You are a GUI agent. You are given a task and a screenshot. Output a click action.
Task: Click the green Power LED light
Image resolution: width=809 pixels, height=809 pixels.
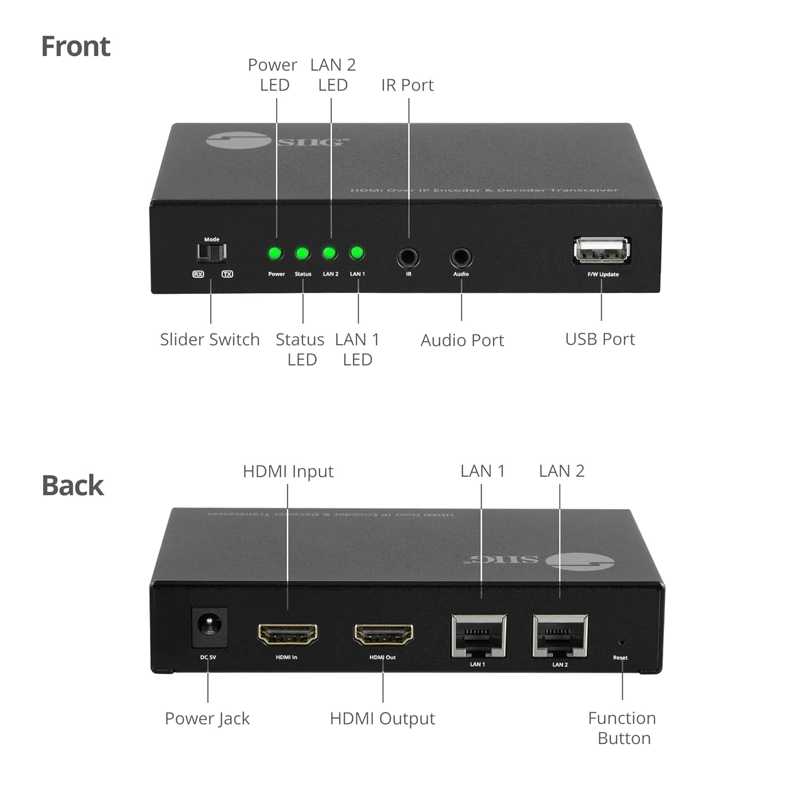tap(276, 253)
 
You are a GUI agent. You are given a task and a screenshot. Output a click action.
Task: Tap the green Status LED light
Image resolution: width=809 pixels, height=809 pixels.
tap(303, 253)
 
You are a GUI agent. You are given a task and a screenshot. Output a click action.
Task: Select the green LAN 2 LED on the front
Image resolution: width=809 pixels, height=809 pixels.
tap(330, 253)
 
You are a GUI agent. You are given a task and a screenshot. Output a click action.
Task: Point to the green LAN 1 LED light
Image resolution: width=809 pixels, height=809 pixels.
tap(356, 253)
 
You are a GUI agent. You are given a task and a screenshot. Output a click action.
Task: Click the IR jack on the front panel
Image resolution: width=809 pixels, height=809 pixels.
tap(408, 257)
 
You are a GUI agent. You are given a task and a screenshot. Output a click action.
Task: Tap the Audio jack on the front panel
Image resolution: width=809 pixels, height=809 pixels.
tap(461, 257)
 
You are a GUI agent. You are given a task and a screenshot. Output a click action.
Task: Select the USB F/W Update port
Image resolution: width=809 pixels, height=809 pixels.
tap(601, 250)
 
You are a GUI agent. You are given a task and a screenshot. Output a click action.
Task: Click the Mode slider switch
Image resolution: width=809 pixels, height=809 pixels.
tap(211, 252)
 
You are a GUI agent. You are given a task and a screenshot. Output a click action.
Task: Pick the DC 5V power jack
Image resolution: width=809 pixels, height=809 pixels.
tap(209, 627)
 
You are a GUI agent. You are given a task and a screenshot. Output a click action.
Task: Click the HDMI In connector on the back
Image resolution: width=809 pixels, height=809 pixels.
tap(287, 634)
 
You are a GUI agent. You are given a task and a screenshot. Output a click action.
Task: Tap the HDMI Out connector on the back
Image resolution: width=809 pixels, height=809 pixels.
tap(383, 634)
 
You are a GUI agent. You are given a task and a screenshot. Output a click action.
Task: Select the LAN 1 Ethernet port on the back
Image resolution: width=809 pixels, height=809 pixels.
tap(478, 636)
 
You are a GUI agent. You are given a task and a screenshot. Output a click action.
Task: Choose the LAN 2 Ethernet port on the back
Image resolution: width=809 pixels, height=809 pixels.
tap(560, 636)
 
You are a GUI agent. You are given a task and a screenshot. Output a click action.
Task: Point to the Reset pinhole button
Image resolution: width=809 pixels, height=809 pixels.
tap(621, 642)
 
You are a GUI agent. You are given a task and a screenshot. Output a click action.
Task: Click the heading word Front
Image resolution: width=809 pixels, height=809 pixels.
tap(76, 46)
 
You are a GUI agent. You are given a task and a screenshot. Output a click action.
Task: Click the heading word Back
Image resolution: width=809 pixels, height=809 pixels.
tap(72, 485)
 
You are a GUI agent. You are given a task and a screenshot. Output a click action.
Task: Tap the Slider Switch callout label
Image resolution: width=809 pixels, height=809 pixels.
tap(210, 340)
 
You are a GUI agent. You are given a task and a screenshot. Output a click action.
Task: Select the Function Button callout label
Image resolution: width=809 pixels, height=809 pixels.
tap(622, 728)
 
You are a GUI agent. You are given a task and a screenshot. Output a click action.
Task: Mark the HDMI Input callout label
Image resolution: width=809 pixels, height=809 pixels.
tap(288, 471)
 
